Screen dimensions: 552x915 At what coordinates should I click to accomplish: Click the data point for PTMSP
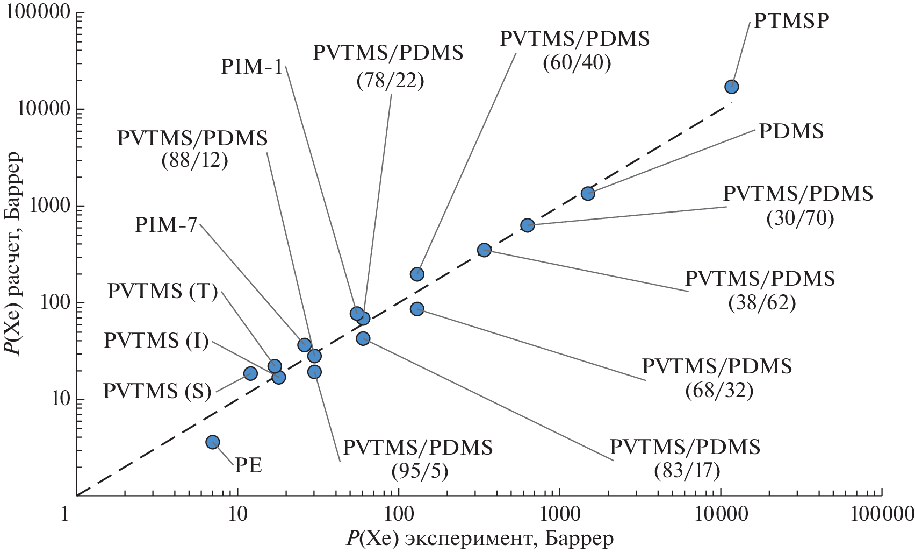(x=731, y=87)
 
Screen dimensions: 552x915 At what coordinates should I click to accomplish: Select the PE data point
(x=213, y=442)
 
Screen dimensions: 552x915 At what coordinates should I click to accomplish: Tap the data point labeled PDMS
(x=588, y=194)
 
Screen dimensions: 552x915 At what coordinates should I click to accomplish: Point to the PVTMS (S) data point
(x=250, y=373)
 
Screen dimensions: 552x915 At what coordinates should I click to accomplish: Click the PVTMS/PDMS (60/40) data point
(x=417, y=274)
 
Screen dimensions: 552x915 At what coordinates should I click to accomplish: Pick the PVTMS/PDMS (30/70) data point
(x=528, y=225)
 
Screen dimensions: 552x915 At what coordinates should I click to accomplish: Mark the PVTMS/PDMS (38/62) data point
(x=484, y=250)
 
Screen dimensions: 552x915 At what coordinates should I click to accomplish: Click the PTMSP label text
(x=791, y=21)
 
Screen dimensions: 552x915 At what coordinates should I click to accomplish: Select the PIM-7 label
(x=166, y=224)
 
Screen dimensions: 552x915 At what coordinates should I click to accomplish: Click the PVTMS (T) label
(x=162, y=292)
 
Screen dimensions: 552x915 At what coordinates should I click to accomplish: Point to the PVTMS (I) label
(x=156, y=341)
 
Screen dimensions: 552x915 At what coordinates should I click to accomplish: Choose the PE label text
(x=248, y=465)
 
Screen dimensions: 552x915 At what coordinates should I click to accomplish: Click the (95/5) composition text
(x=420, y=471)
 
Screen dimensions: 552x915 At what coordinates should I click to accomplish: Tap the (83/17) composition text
(x=687, y=471)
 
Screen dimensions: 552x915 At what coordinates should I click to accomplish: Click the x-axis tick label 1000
(x=559, y=515)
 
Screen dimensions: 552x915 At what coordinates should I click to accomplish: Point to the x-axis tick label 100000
(x=881, y=515)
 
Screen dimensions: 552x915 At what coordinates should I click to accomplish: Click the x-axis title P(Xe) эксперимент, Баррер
(x=480, y=539)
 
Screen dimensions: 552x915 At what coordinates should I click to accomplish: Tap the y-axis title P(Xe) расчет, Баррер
(x=12, y=253)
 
